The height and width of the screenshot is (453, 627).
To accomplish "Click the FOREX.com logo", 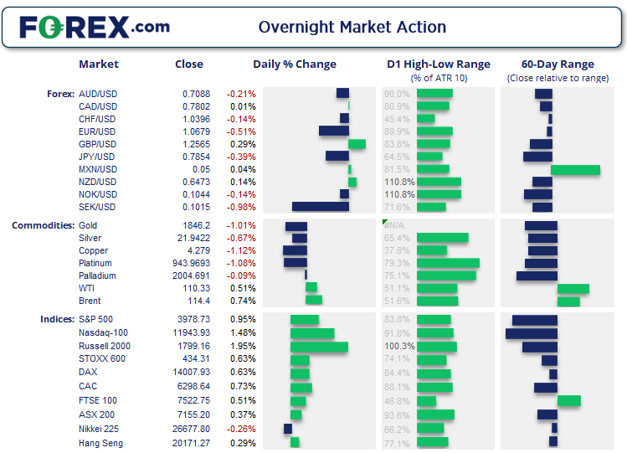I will pos(94,27).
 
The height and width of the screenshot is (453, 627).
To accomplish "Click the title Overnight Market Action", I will pos(352,27).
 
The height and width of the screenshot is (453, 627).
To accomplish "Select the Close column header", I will pos(188,64).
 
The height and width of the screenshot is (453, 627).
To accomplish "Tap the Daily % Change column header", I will pos(295,64).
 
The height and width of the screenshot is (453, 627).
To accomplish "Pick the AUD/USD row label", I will pos(97,94).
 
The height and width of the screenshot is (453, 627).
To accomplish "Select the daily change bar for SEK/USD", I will pos(320,207).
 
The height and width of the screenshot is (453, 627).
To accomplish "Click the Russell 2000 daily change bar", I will pos(319,347).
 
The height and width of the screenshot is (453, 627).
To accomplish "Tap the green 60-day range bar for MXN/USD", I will pos(575,169).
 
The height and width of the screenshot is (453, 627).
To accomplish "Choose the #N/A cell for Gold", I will pos(393,226).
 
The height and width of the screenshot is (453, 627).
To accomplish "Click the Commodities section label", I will pos(42,226).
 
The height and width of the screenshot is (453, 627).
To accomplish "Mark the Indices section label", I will pos(56,319).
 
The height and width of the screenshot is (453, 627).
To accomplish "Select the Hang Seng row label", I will pos(100,442).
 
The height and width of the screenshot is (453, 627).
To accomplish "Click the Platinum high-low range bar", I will pos(447,263).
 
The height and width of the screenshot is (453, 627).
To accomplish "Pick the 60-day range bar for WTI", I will pos(573,288).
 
